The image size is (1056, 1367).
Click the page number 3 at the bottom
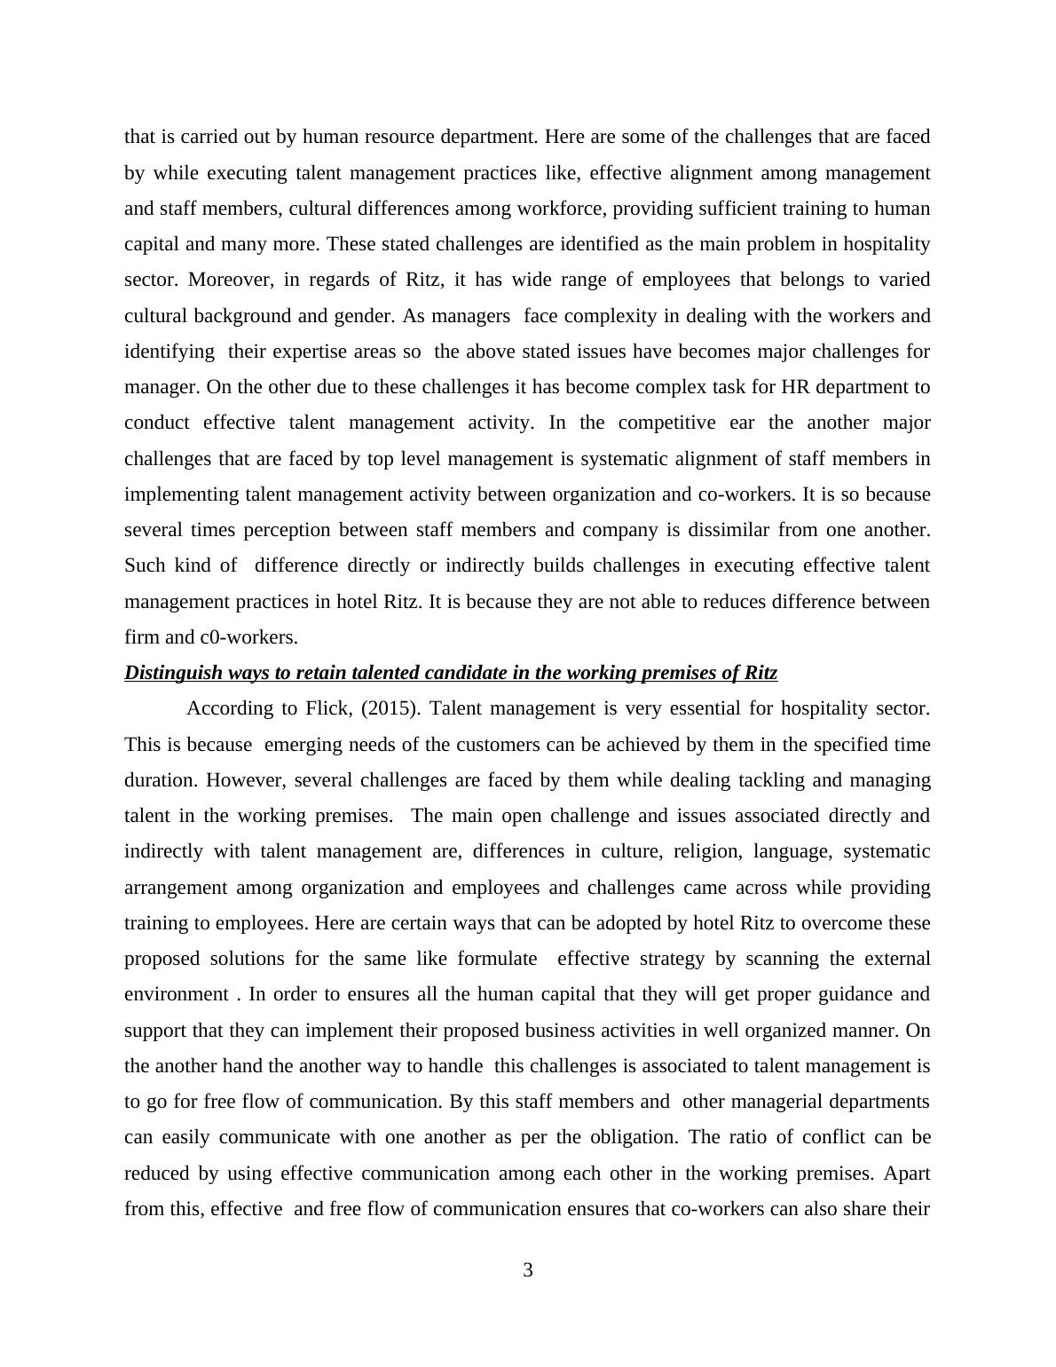point(528,1271)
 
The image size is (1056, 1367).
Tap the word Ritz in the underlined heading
point(760,673)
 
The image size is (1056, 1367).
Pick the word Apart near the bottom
point(907,1173)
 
